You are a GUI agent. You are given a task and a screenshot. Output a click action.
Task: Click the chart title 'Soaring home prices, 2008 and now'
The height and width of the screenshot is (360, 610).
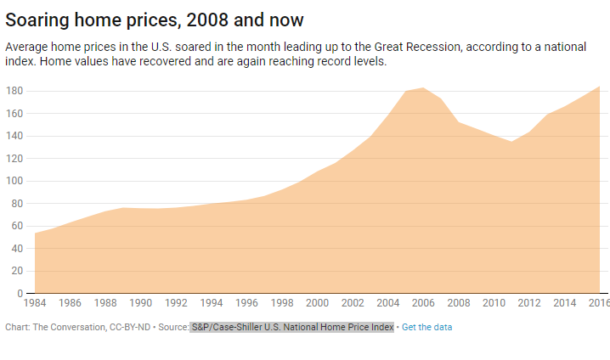click(x=155, y=19)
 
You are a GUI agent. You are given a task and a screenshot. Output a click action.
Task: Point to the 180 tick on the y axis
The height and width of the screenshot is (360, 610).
click(x=14, y=91)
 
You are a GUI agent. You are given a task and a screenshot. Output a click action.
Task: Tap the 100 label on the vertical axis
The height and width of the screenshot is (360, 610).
click(x=14, y=181)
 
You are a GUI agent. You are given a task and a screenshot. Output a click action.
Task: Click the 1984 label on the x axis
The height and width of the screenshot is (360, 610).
click(x=35, y=302)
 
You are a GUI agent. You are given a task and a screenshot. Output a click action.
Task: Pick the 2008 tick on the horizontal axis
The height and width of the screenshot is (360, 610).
click(x=459, y=302)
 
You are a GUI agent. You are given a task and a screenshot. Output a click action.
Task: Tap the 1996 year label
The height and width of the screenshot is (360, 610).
click(x=246, y=302)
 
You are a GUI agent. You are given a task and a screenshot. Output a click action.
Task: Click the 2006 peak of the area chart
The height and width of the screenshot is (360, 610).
click(x=423, y=88)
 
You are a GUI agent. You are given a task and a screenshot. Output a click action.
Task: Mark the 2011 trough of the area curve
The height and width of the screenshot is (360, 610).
click(x=511, y=142)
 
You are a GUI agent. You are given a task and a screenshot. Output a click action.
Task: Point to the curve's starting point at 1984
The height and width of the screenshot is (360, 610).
click(x=35, y=233)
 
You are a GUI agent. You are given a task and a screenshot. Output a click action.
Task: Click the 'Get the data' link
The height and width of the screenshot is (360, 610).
click(x=426, y=327)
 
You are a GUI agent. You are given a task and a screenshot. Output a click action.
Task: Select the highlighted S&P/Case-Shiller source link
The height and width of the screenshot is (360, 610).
click(x=292, y=327)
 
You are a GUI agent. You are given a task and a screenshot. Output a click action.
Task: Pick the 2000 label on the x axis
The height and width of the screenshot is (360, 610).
click(x=317, y=302)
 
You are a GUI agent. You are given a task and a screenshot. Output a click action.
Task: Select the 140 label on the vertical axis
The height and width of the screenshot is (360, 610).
click(x=14, y=136)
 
